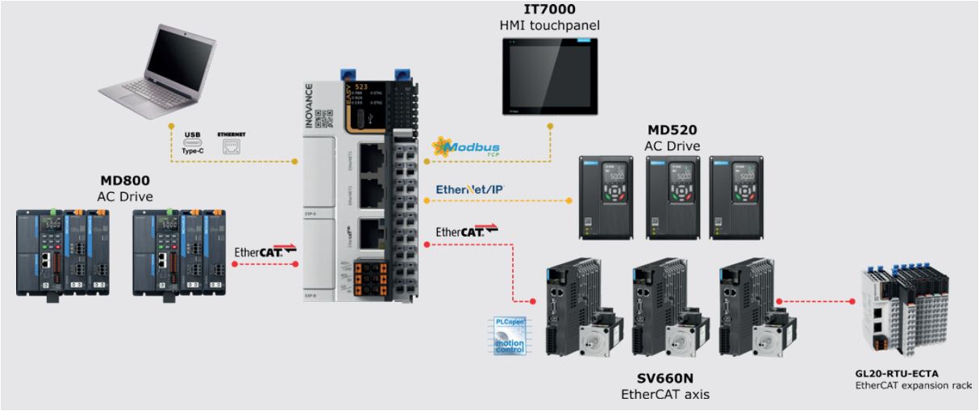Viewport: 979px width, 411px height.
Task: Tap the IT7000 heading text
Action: (548, 10)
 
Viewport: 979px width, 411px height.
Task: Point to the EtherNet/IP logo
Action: (469, 190)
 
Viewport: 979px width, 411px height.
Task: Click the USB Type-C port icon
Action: (192, 141)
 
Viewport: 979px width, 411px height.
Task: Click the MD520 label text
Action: (672, 131)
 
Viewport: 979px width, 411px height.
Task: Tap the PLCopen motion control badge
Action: (510, 337)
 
